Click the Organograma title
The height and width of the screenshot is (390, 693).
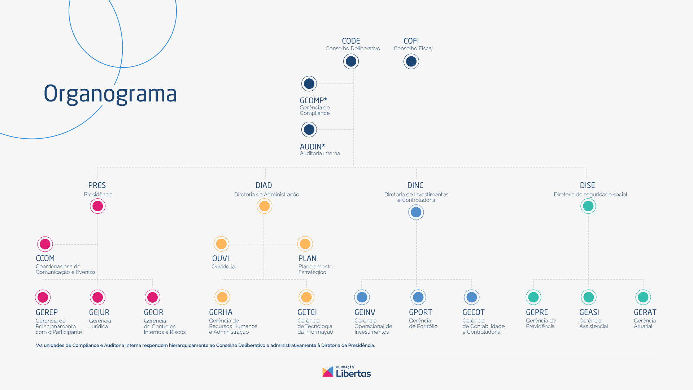110,94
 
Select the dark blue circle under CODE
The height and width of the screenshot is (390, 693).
351,61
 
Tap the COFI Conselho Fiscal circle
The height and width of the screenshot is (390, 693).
411,61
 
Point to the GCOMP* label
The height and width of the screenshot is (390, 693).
313,100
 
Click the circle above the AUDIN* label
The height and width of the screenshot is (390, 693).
309,129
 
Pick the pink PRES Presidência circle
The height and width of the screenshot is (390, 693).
97,206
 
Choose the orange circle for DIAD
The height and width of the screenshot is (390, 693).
264,206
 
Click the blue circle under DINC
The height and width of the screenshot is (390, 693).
416,212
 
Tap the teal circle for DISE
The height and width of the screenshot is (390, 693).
588,206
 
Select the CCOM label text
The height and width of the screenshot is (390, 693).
45,259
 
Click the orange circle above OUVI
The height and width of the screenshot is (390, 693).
221,244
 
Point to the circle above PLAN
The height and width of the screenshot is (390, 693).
305,244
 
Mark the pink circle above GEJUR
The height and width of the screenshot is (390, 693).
97,297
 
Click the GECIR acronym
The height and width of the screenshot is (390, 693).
154,312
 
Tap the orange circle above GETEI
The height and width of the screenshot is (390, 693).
306,297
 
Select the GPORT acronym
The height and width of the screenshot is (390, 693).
420,312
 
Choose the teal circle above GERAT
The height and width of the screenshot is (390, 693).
643,297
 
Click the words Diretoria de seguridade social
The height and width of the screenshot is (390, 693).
590,194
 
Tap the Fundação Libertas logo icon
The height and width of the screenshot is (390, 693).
328,372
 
